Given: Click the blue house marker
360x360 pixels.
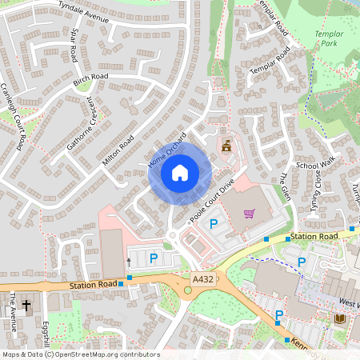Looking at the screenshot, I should click(x=180, y=173).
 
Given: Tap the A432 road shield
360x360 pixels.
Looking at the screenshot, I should click(x=203, y=279).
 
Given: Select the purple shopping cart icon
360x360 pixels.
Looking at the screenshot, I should click(x=249, y=214).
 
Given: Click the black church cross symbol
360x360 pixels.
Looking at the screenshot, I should click(x=26, y=305).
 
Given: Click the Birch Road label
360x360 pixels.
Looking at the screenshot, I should click(x=90, y=81).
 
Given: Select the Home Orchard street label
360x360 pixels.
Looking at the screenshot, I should click(x=166, y=150).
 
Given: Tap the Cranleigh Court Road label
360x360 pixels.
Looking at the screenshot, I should click(x=14, y=116).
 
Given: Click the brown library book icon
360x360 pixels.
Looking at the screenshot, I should click(x=338, y=319).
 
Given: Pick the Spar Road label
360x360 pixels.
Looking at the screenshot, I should click(x=74, y=46).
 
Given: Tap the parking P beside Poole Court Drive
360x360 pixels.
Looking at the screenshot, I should click(x=214, y=225).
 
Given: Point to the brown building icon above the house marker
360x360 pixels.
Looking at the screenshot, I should click(x=226, y=145).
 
